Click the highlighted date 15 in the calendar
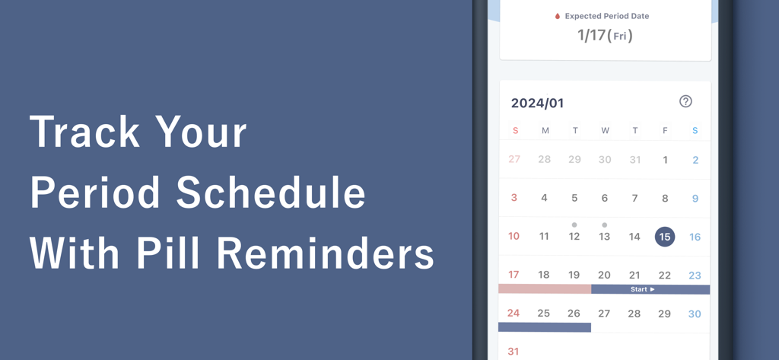click(664, 237)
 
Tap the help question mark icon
click(685, 101)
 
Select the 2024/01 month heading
click(537, 104)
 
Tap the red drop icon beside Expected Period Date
click(558, 16)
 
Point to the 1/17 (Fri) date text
click(605, 35)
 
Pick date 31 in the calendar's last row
click(514, 352)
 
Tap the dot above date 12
click(574, 225)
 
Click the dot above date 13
click(604, 225)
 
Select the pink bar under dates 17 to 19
click(545, 289)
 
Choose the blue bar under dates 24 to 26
click(545, 327)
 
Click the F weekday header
click(665, 131)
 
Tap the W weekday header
click(605, 131)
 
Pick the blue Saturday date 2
click(695, 160)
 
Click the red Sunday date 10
click(514, 237)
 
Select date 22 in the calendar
click(665, 276)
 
